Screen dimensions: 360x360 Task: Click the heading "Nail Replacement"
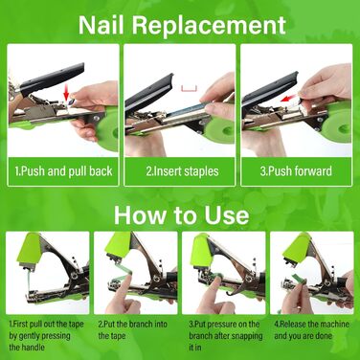click(x=182, y=25)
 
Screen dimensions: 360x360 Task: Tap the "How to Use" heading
click(x=181, y=215)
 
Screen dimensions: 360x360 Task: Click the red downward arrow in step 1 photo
click(x=66, y=93)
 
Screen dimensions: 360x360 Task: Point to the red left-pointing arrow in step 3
click(x=290, y=99)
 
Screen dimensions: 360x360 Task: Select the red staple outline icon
click(x=189, y=88)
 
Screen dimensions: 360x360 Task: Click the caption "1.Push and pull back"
click(x=63, y=171)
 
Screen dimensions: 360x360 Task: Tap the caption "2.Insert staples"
click(x=182, y=171)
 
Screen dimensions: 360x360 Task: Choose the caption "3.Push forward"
click(x=296, y=171)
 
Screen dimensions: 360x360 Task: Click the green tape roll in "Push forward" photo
click(x=337, y=125)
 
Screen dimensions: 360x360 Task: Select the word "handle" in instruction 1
click(x=27, y=348)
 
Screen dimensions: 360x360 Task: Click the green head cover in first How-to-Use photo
click(x=30, y=249)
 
